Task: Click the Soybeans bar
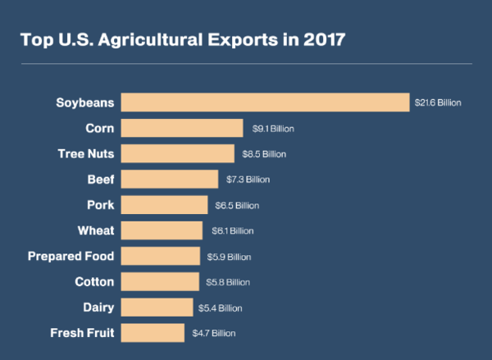265,103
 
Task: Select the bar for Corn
182,128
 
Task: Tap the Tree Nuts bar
178,153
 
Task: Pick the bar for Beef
170,179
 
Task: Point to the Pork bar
164,205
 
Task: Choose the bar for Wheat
162,230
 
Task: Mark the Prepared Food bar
161,256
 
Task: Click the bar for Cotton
160,281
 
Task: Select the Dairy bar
157,308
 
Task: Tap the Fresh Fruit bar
153,333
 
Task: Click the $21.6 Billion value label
440,103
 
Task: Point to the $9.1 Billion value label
272,129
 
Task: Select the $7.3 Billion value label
248,180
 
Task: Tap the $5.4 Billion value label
221,308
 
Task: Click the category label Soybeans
84,103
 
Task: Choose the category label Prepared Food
71,256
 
